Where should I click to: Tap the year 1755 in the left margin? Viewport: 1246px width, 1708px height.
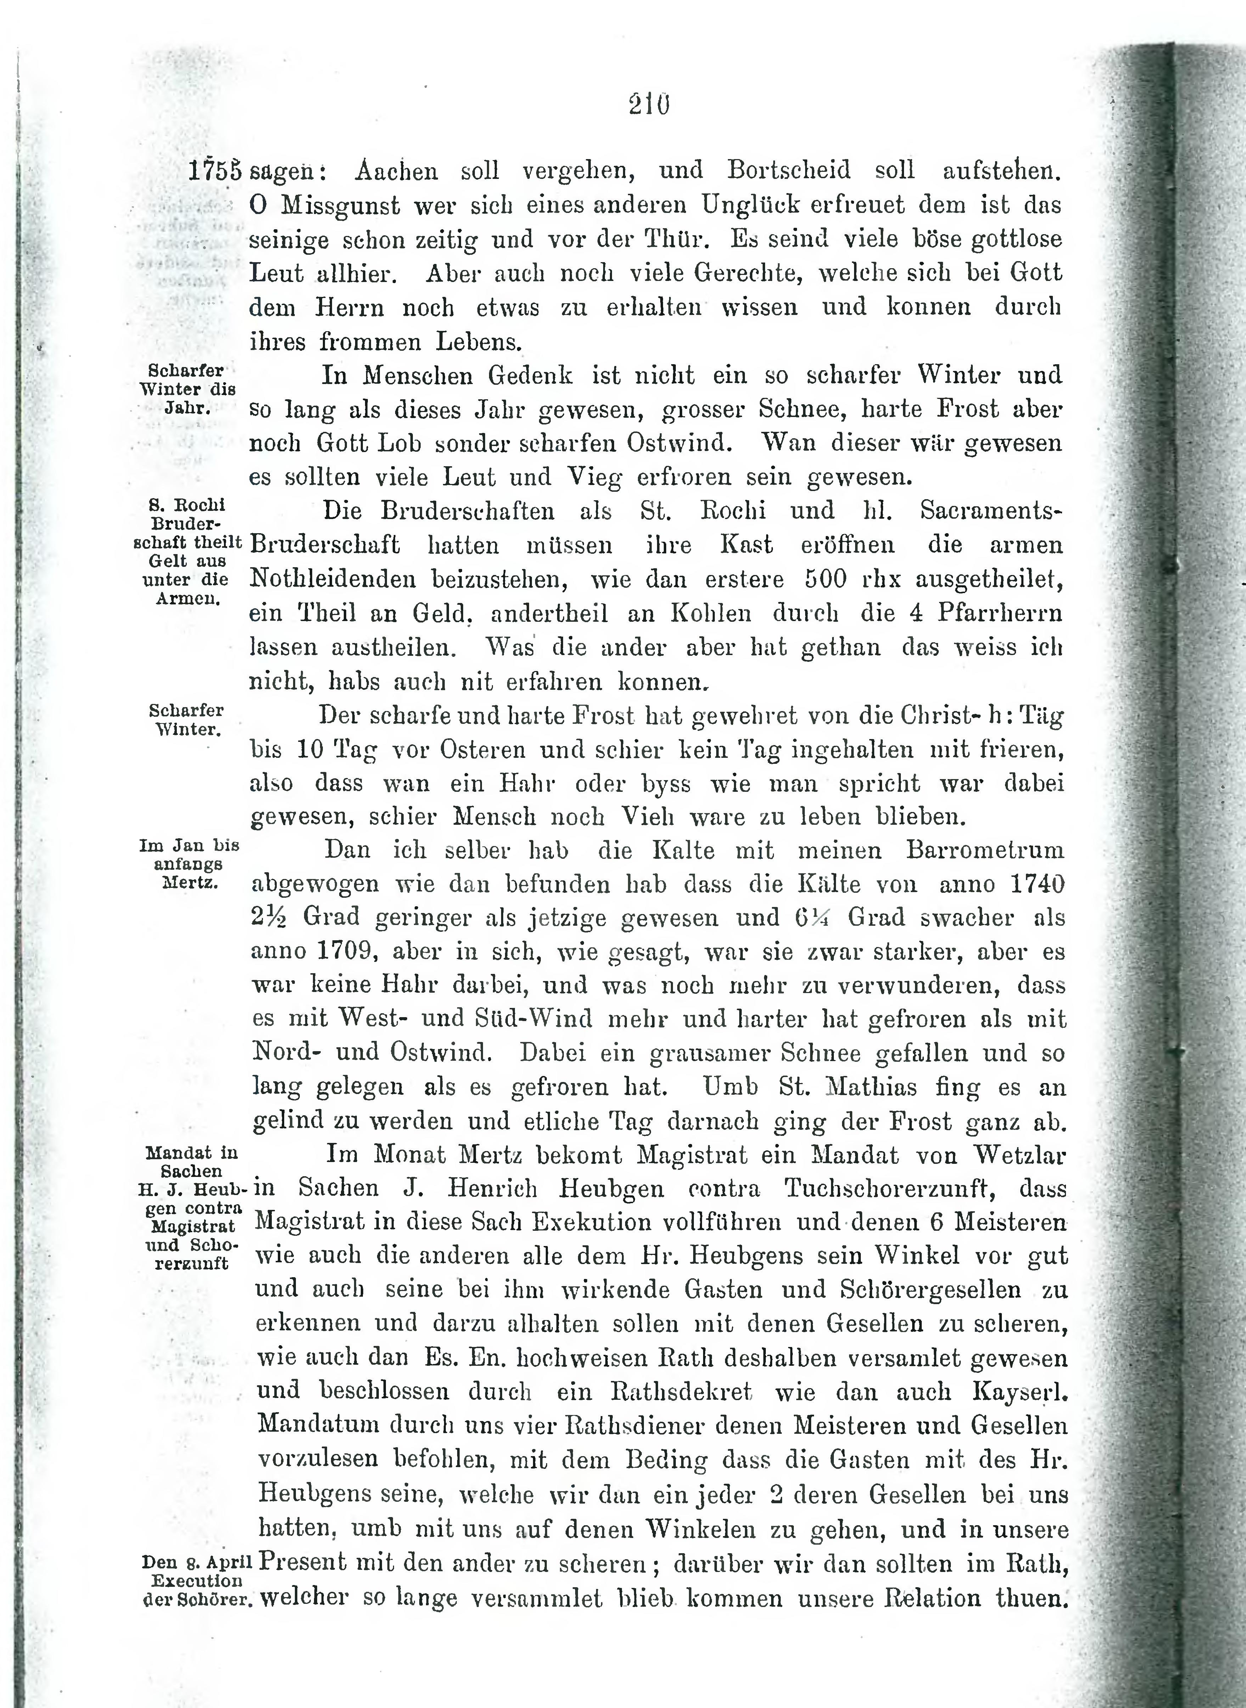point(214,170)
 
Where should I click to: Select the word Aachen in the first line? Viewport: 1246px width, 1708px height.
point(396,170)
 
